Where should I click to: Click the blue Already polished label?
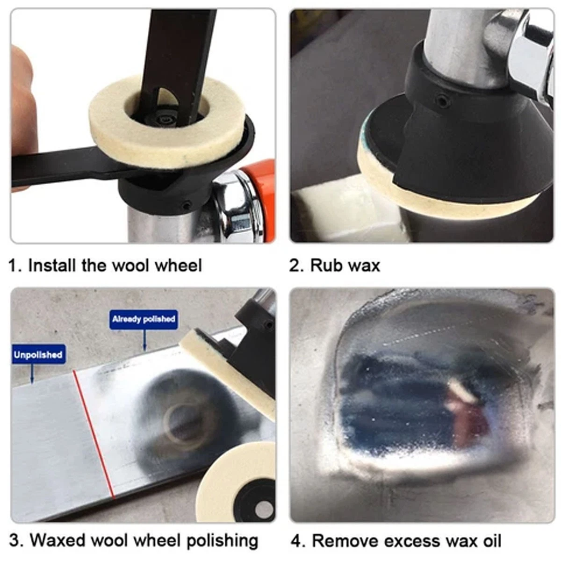point(144,319)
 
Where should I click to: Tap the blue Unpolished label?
point(38,354)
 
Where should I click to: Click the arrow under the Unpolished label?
point(32,373)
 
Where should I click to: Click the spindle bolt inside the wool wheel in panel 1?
point(162,119)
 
